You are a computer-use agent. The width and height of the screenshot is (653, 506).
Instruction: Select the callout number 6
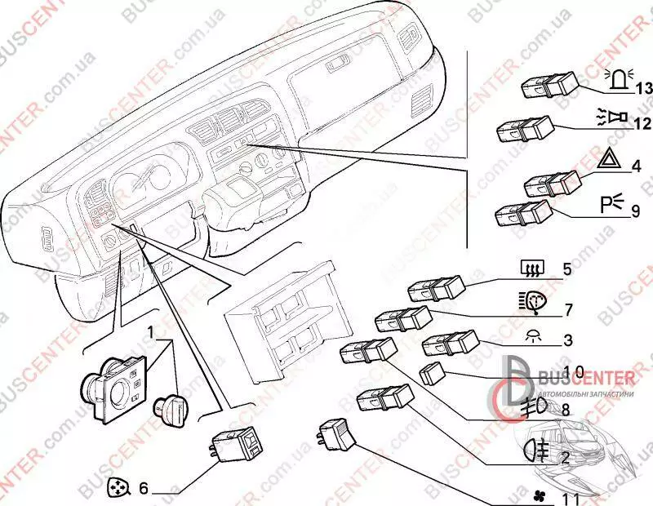click(143, 489)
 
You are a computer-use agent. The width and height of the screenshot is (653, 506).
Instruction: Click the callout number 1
click(151, 332)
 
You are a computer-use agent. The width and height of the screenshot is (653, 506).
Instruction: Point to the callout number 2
click(564, 457)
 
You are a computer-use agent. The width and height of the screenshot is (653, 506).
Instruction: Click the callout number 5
click(566, 267)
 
